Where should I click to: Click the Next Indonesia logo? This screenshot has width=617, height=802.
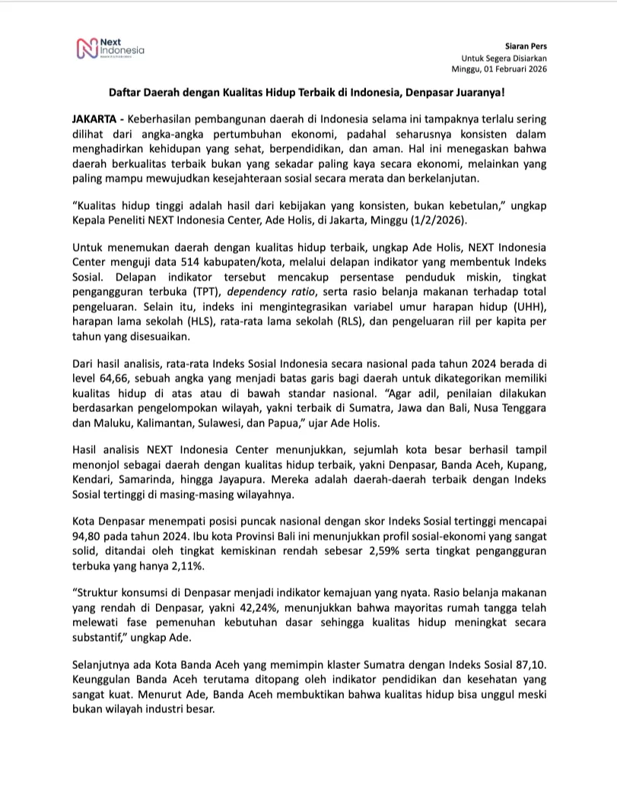[x=111, y=49]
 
